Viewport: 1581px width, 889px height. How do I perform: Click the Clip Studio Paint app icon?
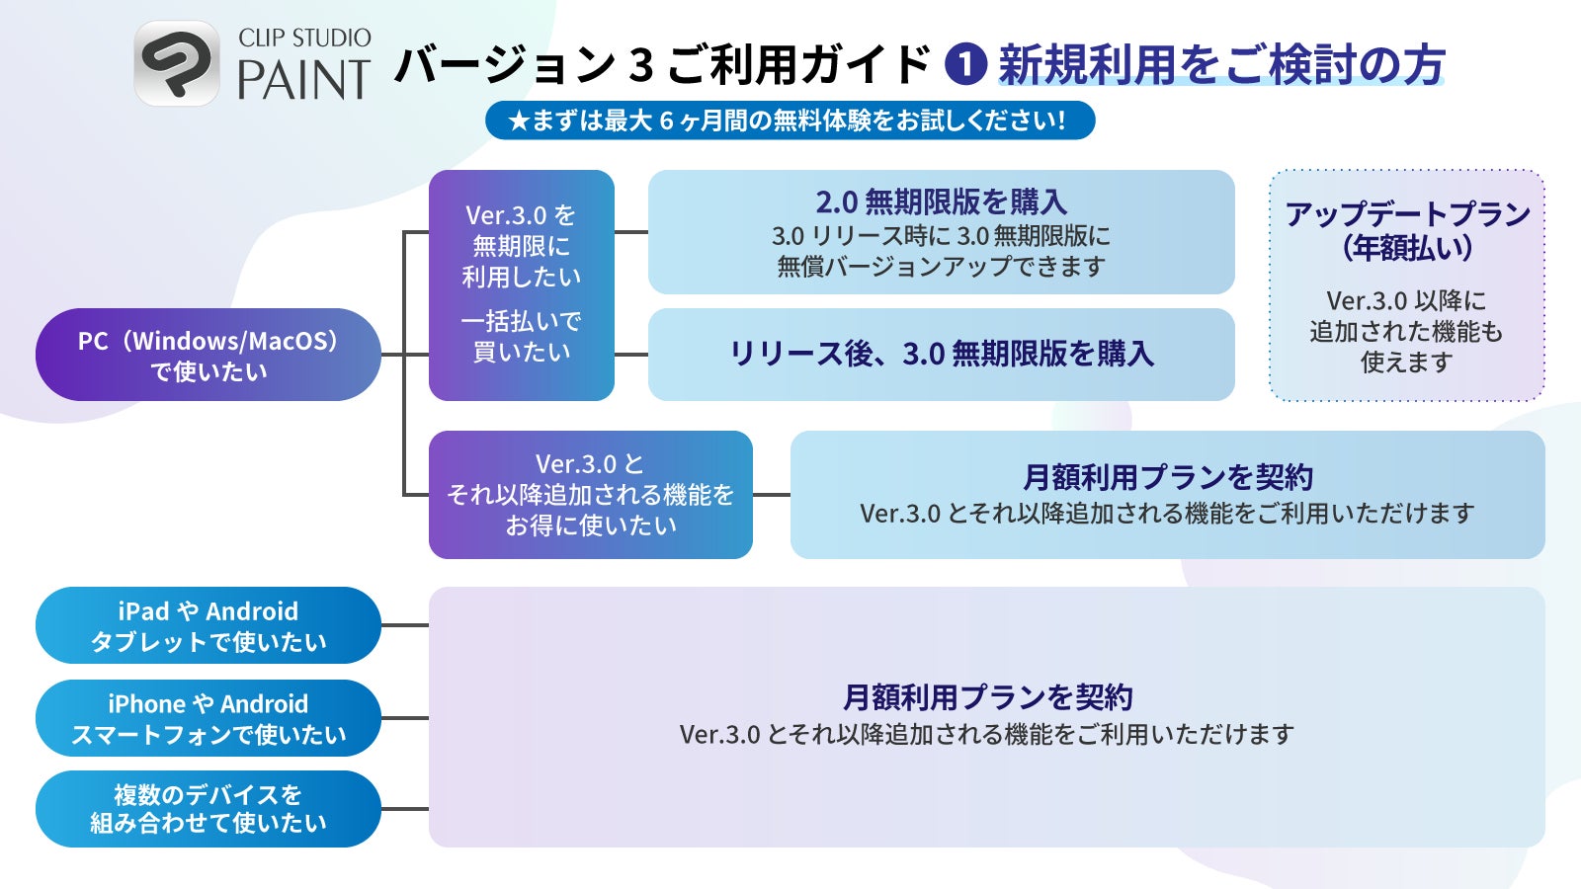click(177, 63)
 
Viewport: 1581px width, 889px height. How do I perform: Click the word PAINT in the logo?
click(303, 81)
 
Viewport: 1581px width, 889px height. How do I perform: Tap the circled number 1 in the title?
click(965, 65)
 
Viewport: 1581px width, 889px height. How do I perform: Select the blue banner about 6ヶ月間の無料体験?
click(790, 121)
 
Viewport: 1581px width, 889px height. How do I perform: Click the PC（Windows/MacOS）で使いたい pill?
click(208, 355)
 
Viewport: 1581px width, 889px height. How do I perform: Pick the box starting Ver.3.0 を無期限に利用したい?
click(521, 284)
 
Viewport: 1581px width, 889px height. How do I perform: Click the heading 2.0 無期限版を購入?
click(941, 202)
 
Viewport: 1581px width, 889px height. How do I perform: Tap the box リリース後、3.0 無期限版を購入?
click(941, 354)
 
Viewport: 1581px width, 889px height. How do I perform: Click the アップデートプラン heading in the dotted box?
click(1407, 213)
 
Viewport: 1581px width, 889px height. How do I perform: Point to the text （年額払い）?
click(1407, 247)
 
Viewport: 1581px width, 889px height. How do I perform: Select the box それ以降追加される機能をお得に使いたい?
click(590, 494)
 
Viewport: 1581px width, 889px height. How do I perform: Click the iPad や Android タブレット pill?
click(208, 625)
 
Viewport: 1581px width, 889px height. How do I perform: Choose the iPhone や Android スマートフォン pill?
click(208, 718)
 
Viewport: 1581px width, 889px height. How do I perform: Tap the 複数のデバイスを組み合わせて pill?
click(208, 809)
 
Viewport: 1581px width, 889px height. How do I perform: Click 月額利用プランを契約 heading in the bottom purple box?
click(987, 697)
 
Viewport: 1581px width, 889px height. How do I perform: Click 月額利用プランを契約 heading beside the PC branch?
click(1167, 477)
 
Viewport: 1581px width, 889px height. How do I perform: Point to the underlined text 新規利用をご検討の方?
click(1221, 65)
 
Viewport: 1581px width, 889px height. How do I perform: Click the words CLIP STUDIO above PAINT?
click(304, 39)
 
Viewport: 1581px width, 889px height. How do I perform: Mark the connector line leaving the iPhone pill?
click(404, 718)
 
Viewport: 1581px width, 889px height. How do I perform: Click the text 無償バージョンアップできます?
click(941, 267)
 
